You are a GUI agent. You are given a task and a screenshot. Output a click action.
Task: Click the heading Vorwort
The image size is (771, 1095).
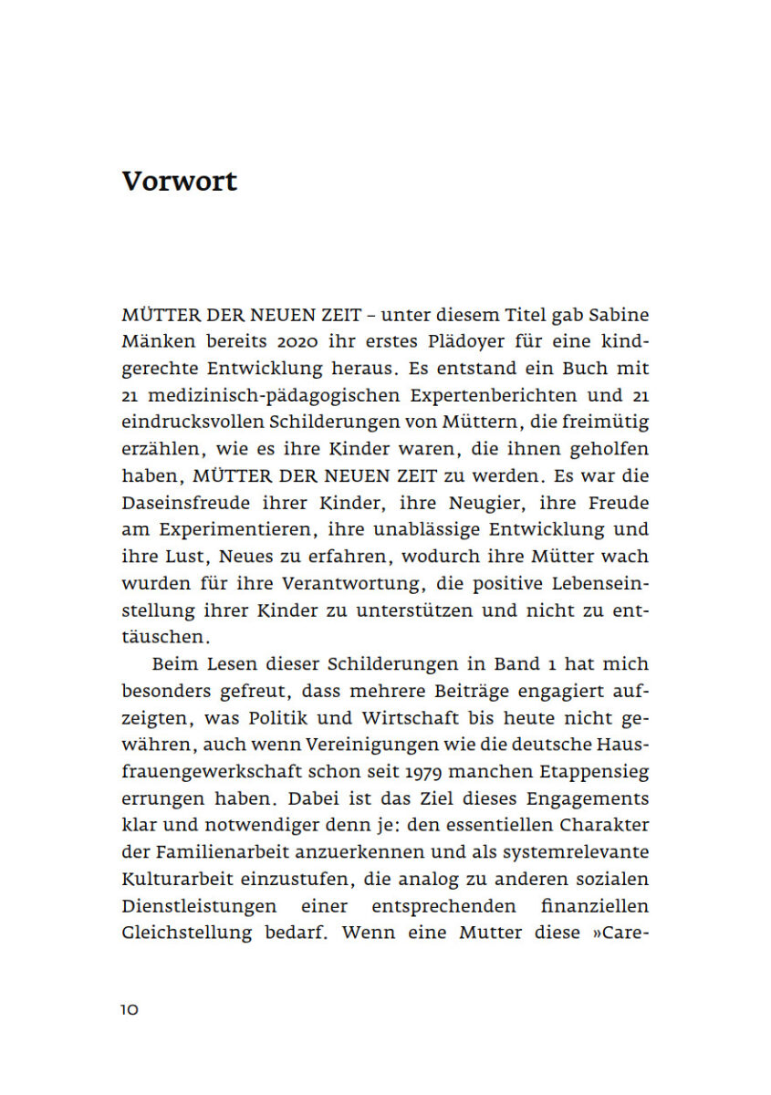[179, 181]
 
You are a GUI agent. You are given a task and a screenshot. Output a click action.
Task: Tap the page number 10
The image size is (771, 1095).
[129, 1009]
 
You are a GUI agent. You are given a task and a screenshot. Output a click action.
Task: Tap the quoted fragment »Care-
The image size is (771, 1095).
[620, 933]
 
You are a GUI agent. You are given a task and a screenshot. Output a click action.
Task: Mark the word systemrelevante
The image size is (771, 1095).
[581, 851]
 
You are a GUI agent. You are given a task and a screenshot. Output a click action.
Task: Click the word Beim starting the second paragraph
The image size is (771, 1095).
[173, 663]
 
